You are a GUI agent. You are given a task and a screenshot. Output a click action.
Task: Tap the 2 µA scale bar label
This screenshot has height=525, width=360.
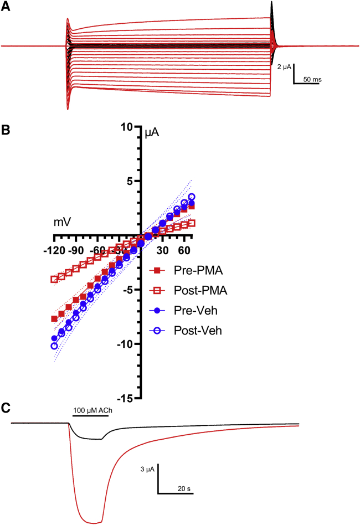(285, 66)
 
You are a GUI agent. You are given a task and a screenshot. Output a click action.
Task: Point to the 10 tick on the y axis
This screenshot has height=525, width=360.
(130, 127)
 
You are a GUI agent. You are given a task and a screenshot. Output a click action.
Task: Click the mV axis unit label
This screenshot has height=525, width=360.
(62, 223)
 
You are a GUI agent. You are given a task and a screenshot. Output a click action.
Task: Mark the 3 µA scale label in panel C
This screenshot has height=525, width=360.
(148, 470)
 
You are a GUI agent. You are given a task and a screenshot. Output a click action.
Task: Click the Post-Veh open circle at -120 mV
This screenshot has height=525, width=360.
(54, 346)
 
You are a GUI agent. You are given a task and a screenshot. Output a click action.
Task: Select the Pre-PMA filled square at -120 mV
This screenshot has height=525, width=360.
(54, 319)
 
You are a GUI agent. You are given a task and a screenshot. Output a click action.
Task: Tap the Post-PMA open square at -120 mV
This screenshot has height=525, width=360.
(54, 279)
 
